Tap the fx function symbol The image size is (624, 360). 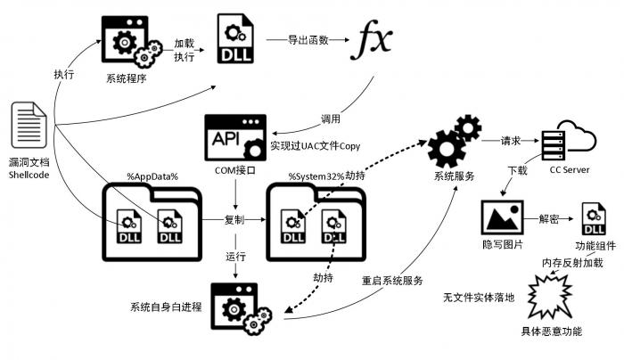(x=374, y=40)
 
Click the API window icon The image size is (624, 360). (x=234, y=136)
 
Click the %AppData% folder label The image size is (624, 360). (x=153, y=176)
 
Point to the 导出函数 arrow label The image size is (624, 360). (x=308, y=40)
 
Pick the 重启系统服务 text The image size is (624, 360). (x=392, y=280)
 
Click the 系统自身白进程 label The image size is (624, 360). (x=165, y=307)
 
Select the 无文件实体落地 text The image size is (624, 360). (x=478, y=298)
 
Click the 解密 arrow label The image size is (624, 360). (x=550, y=218)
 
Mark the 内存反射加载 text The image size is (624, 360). (x=572, y=263)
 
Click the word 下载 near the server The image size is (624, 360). (x=516, y=169)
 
